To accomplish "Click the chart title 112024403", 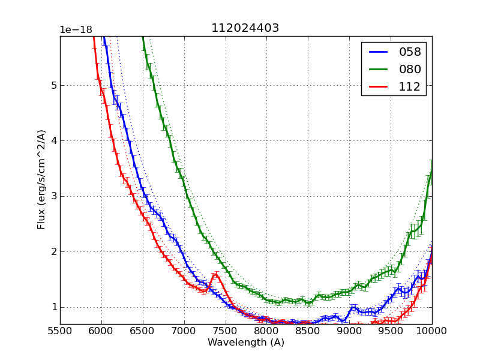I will [x=245, y=28].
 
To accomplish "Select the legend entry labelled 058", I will [x=410, y=52].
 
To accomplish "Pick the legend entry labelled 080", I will [x=410, y=69].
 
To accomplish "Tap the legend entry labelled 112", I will [x=410, y=86].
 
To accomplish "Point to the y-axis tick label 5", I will [x=53, y=86].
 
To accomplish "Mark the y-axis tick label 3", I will [x=53, y=196].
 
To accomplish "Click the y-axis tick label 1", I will [x=53, y=307].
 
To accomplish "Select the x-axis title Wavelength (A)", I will [x=246, y=343].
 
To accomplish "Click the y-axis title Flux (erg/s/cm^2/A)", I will [x=41, y=179].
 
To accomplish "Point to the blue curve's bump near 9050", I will [x=353, y=307].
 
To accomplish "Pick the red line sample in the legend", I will [x=378, y=86].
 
